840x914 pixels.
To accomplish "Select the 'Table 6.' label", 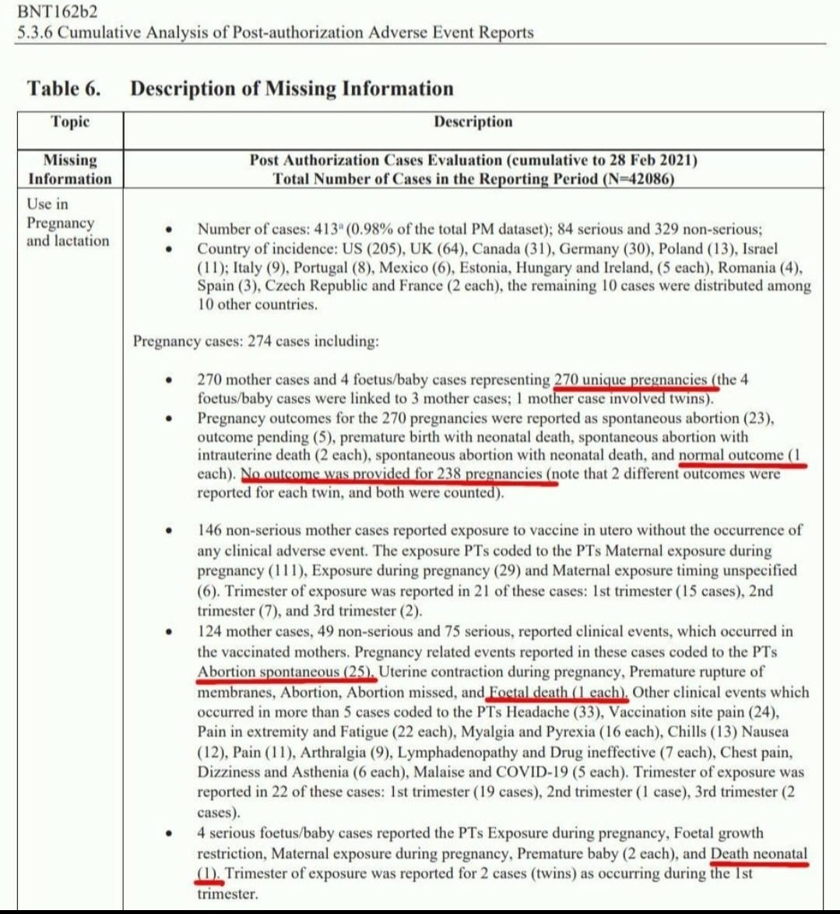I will coord(64,88).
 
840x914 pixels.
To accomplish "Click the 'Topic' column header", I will coord(70,122).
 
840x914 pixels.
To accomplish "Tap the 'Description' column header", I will coord(473,122).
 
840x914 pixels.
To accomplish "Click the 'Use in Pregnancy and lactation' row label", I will coord(68,222).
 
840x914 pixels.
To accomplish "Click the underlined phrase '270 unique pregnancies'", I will coord(632,380).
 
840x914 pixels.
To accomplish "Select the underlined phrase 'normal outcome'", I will coord(731,455).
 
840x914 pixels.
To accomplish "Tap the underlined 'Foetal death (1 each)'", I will coord(557,692).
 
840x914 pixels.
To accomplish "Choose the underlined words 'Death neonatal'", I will coord(759,854).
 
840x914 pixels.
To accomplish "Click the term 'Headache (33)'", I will coord(552,712).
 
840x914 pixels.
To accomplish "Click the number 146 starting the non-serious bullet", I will coord(210,530).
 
